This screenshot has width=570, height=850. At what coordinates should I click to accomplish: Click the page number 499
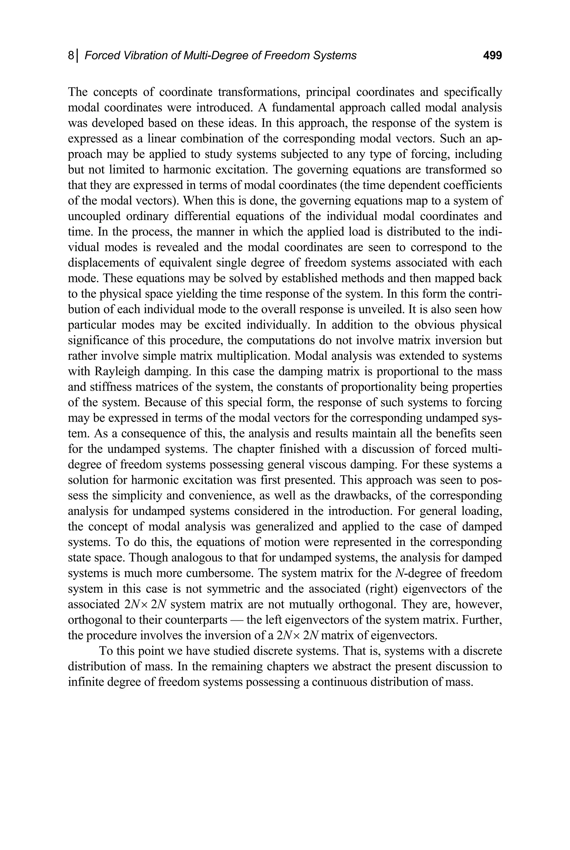pos(492,56)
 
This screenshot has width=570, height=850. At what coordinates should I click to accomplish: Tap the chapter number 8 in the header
pos(71,56)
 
